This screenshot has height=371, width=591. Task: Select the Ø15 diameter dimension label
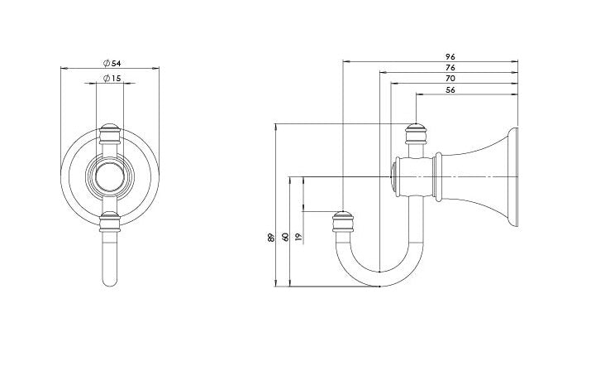(112, 78)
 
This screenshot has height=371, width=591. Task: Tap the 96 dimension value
(450, 56)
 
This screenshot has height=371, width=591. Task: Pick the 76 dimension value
(450, 68)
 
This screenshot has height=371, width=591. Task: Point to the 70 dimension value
(450, 79)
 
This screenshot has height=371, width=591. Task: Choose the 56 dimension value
(450, 90)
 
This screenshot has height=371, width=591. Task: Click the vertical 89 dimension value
(270, 238)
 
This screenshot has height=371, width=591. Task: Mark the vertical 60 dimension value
(285, 238)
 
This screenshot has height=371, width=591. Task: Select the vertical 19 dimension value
(298, 237)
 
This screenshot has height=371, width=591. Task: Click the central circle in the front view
(110, 176)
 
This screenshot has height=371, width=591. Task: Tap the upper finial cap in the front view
(110, 134)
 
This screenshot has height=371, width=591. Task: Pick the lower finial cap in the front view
(110, 221)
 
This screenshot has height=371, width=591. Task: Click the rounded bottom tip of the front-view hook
(110, 282)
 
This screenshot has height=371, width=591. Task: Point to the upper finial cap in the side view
(416, 134)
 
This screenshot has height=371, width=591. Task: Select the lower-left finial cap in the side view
(343, 222)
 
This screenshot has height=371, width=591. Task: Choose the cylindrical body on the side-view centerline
(413, 176)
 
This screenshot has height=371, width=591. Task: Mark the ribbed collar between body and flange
(437, 176)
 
